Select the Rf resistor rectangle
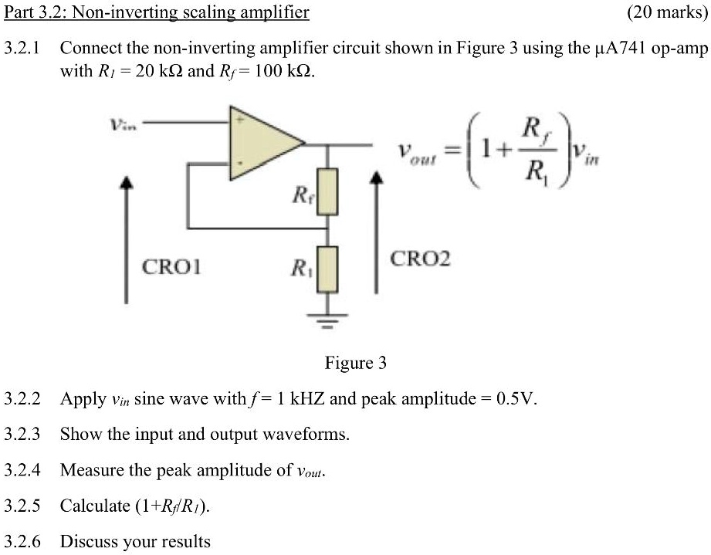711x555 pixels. tap(329, 192)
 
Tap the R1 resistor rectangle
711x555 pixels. tap(329, 269)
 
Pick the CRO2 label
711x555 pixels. tap(420, 258)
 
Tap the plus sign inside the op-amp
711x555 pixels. tap(239, 121)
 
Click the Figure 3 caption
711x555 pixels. tap(356, 363)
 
